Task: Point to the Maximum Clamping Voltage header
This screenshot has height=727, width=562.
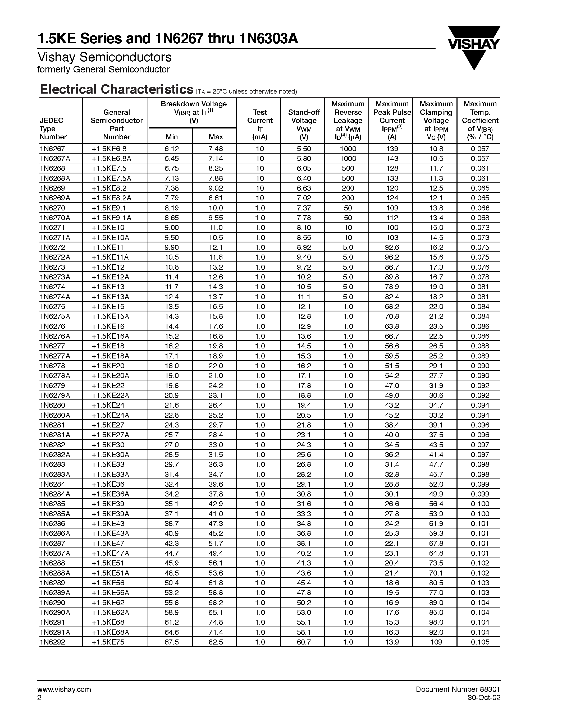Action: [436, 121]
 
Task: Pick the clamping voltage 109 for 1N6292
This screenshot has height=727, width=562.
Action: [436, 642]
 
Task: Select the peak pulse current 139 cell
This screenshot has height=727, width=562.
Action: [392, 149]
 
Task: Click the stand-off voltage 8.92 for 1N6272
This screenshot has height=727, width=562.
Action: [304, 247]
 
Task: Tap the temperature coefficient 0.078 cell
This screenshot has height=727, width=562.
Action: [480, 277]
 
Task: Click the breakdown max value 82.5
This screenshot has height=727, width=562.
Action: [215, 642]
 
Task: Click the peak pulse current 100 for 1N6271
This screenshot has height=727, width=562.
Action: [392, 228]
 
